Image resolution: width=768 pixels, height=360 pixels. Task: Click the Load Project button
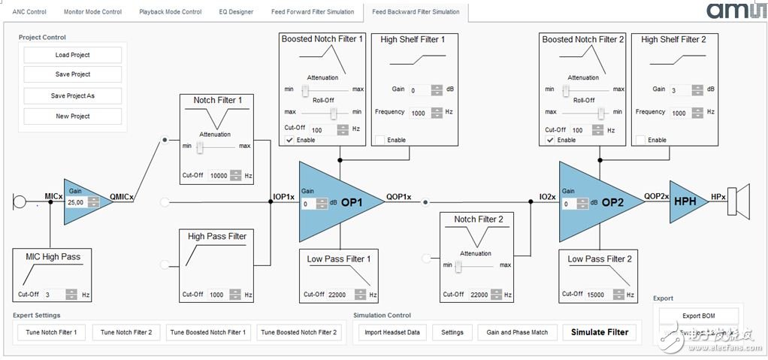pyautogui.click(x=72, y=55)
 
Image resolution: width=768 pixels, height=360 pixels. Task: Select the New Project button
pyautogui.click(x=72, y=116)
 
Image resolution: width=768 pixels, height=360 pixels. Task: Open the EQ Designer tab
pyautogui.click(x=236, y=12)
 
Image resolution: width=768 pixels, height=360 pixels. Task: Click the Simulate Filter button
pyautogui.click(x=599, y=332)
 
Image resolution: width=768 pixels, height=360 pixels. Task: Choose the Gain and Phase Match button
pyautogui.click(x=517, y=332)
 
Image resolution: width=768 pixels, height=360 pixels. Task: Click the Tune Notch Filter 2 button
pyautogui.click(x=125, y=332)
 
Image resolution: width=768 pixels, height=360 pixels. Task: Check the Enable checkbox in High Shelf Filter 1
pyautogui.click(x=380, y=140)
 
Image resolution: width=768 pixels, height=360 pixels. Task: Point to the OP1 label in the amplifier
pyautogui.click(x=351, y=202)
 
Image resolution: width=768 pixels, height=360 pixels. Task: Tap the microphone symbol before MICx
pyautogui.click(x=20, y=201)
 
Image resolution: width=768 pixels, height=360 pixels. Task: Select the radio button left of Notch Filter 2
pyautogui.click(x=426, y=258)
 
